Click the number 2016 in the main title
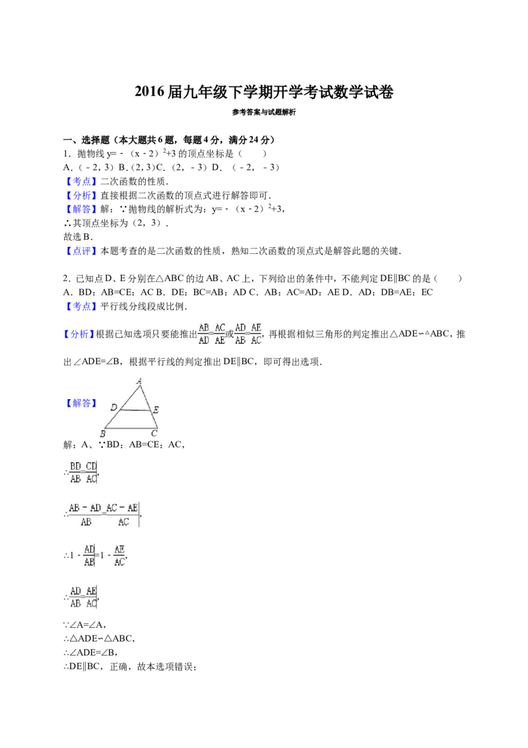pyautogui.click(x=149, y=92)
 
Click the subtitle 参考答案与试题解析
pyautogui.click(x=264, y=112)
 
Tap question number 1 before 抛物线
pyautogui.click(x=67, y=153)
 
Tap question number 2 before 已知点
pyautogui.click(x=67, y=279)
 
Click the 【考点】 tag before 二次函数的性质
pyautogui.click(x=81, y=181)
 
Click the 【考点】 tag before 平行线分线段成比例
pyautogui.click(x=81, y=306)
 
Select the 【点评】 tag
pyautogui.click(x=81, y=251)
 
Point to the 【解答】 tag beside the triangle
pyautogui.click(x=81, y=403)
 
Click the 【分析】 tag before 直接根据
pyautogui.click(x=81, y=195)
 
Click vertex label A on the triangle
pyautogui.click(x=139, y=381)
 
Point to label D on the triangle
pyautogui.click(x=114, y=407)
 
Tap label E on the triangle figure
pyautogui.click(x=155, y=409)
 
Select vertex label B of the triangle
pyautogui.click(x=102, y=433)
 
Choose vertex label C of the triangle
pyautogui.click(x=154, y=433)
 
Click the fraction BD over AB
pyautogui.click(x=75, y=472)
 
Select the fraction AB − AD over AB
pyautogui.click(x=85, y=514)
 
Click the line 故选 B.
pyautogui.click(x=78, y=237)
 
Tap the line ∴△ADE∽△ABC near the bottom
pyautogui.click(x=99, y=638)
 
